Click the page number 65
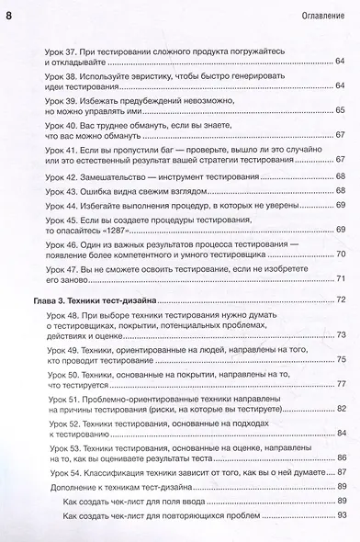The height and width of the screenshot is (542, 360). pyautogui.click(x=340, y=110)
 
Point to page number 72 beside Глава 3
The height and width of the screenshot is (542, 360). pyautogui.click(x=340, y=300)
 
